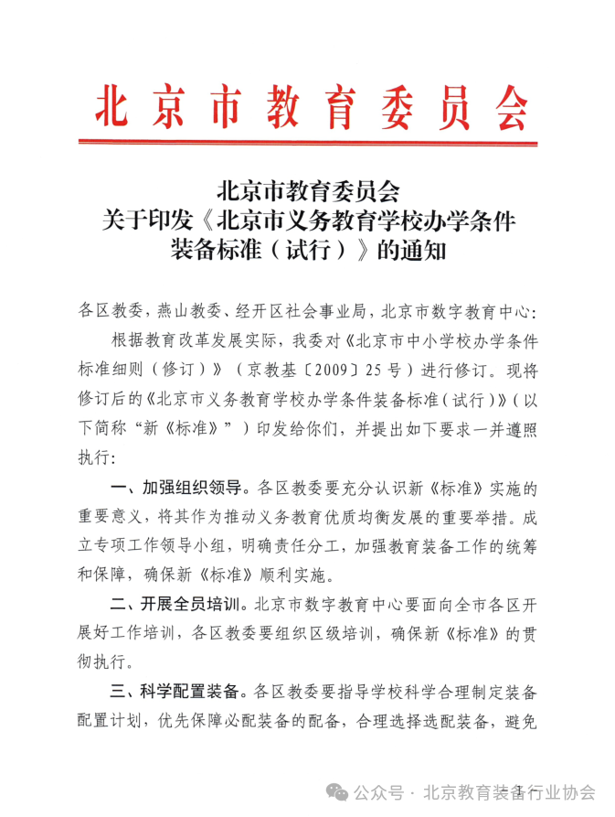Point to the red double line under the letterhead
[307, 141]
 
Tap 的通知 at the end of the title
[410, 248]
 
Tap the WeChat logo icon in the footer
[340, 792]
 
